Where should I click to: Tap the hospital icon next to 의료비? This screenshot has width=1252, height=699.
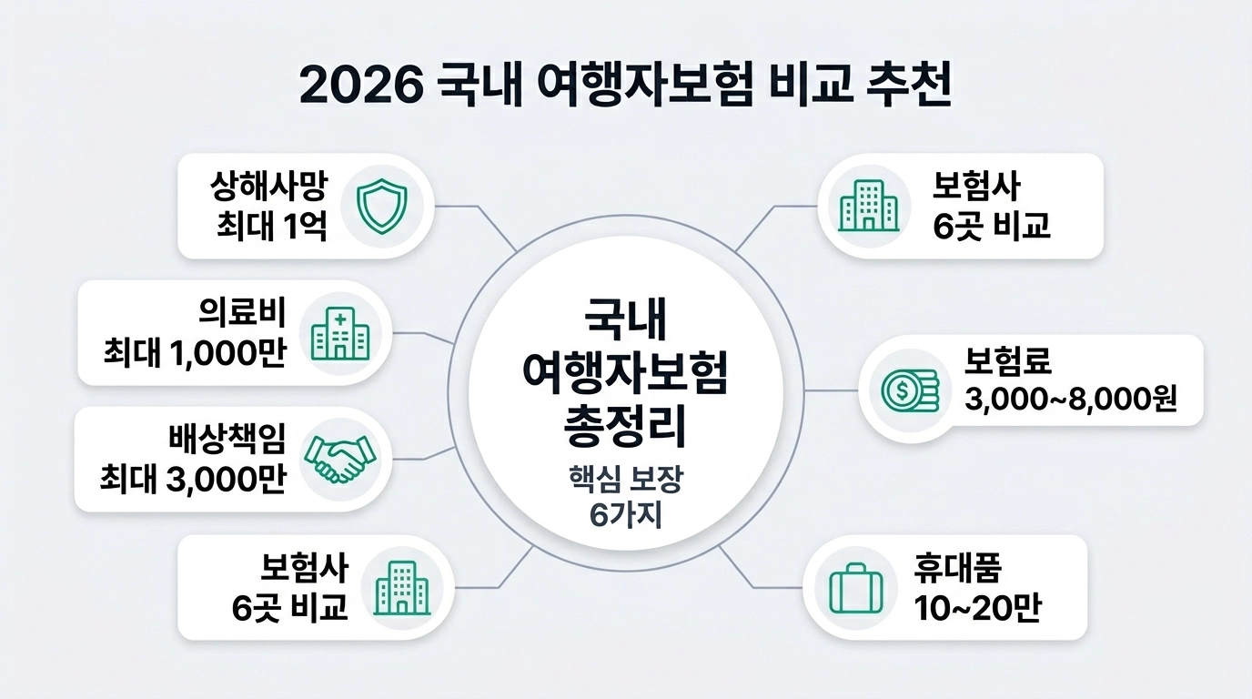340,332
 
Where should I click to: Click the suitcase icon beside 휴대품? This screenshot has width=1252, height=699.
855,587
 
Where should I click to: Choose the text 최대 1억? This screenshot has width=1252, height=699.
270,225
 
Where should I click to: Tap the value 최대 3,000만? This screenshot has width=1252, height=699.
192,479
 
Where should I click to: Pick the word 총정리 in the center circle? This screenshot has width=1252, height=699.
625,425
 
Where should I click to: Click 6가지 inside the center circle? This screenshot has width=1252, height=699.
625,514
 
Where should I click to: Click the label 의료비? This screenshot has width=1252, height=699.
242,314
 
